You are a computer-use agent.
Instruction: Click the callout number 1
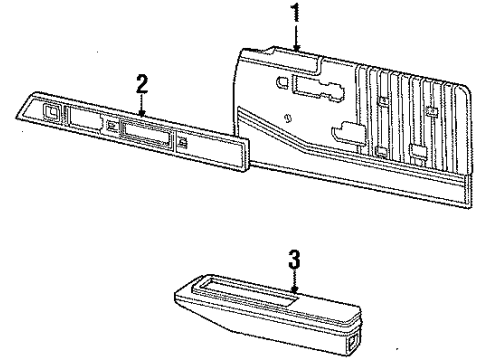coord(296,12)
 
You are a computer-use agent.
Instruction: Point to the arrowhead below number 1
coord(297,47)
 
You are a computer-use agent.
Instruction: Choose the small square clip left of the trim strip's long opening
coord(110,125)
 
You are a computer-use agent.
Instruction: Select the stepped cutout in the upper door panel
coord(326,95)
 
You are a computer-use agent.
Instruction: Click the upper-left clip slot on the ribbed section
coord(383,103)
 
